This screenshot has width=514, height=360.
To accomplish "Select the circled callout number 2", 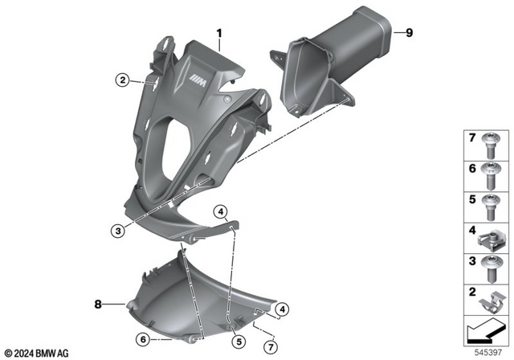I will click(x=122, y=80).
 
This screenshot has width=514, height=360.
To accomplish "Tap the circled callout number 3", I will click(x=119, y=231).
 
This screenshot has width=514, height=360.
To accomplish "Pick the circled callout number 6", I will click(x=141, y=338).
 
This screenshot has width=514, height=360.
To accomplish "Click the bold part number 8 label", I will click(x=98, y=305).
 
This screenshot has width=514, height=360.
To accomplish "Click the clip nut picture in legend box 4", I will click(x=490, y=237).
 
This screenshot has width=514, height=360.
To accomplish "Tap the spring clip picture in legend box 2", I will click(x=490, y=299).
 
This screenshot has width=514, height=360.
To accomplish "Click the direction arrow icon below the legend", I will click(x=487, y=330).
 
